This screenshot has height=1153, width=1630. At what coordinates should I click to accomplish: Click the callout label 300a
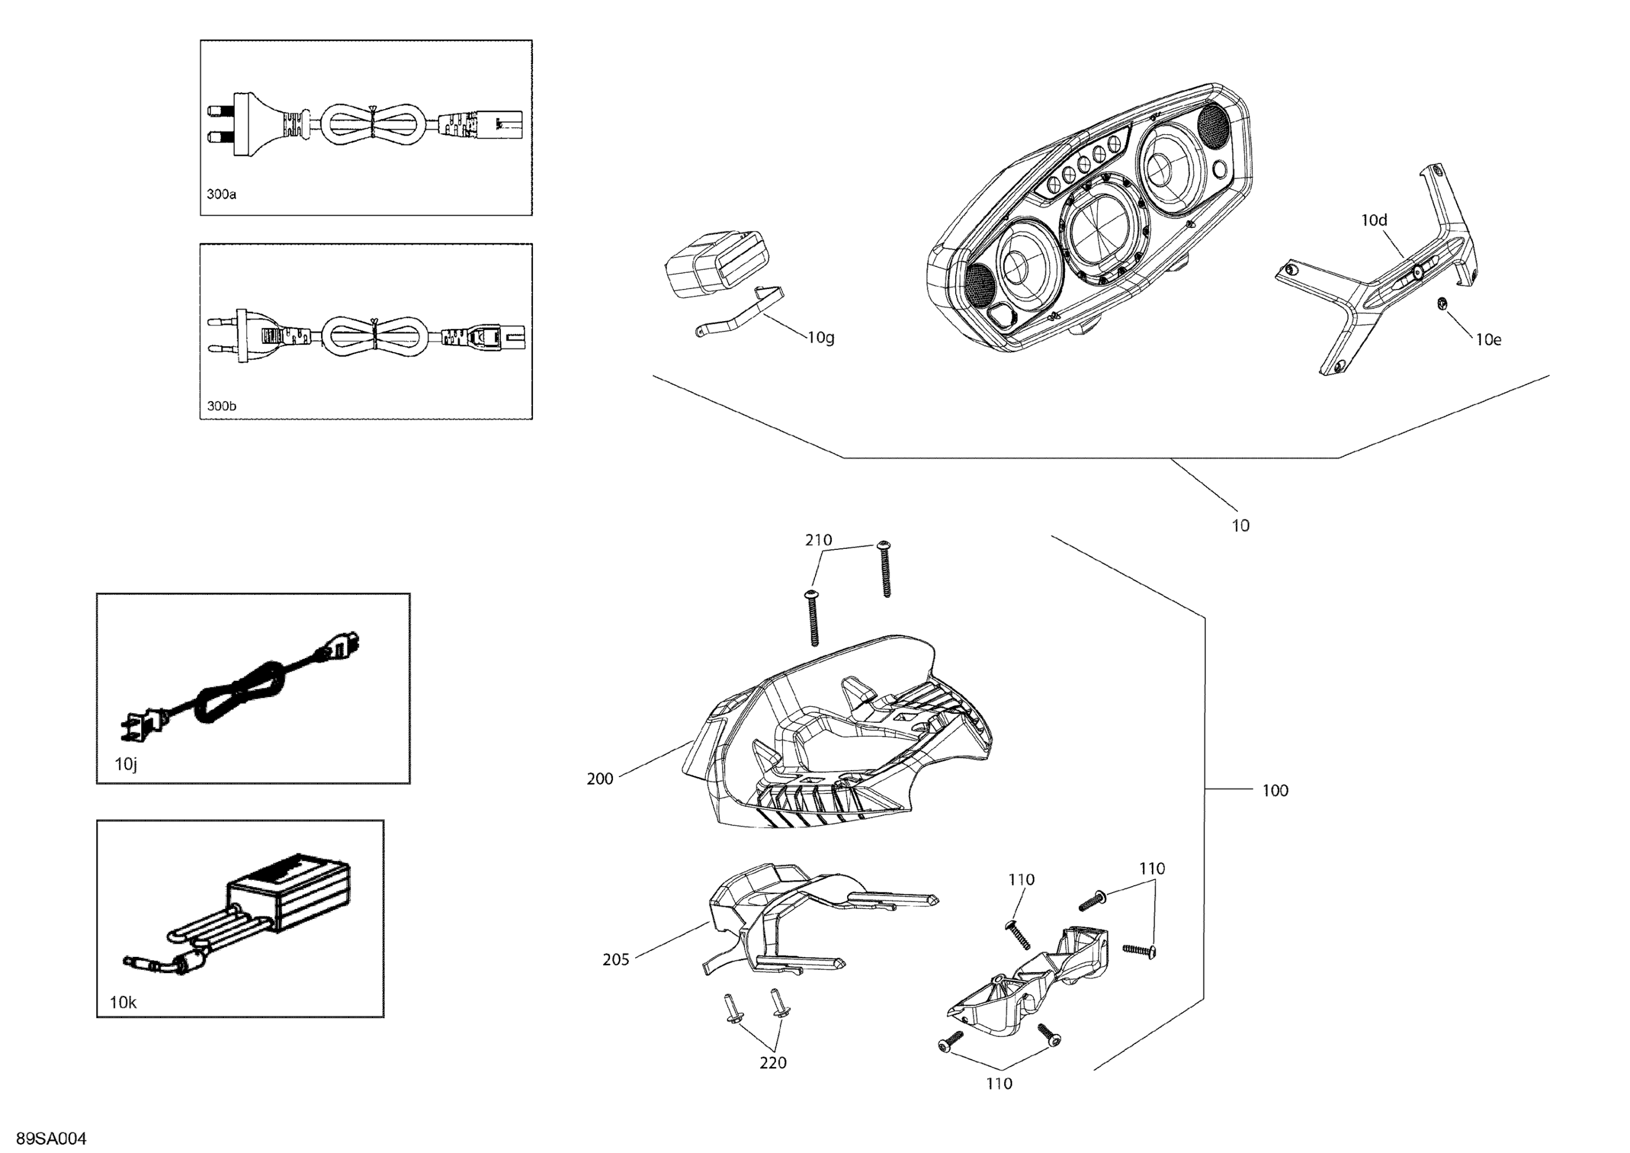tap(222, 195)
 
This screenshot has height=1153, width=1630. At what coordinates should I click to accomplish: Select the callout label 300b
tap(222, 406)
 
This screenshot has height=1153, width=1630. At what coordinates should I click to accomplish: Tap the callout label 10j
tap(126, 765)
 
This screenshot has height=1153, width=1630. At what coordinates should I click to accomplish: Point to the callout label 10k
tap(123, 1002)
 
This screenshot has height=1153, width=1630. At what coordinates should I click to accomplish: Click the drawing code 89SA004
tap(51, 1139)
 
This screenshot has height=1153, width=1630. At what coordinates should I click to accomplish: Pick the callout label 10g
tap(822, 338)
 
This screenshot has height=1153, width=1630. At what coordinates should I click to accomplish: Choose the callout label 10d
tap(1374, 220)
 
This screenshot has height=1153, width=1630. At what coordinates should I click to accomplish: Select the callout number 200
tap(600, 779)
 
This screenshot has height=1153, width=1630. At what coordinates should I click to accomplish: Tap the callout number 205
tap(616, 960)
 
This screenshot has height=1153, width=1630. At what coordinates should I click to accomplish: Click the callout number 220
tap(773, 1063)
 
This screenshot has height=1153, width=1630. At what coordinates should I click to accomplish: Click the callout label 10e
tap(1488, 340)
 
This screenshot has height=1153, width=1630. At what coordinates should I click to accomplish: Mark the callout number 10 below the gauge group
tap(1240, 526)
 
